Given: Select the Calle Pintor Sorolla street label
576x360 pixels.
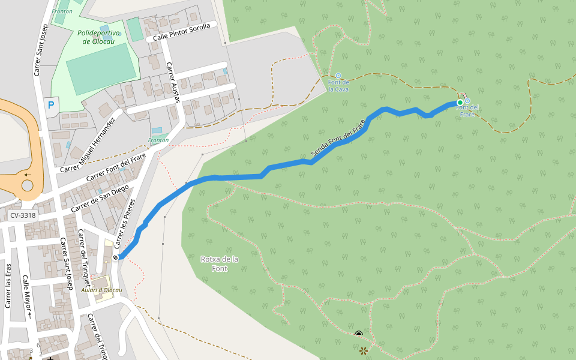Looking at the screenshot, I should (182, 32).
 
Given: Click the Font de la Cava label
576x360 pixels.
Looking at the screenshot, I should (338, 85).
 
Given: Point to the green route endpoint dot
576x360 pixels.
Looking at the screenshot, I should (460, 103).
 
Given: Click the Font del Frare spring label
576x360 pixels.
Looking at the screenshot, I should (467, 110).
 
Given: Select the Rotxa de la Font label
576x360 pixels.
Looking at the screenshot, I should (220, 263).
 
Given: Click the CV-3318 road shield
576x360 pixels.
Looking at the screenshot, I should (23, 215).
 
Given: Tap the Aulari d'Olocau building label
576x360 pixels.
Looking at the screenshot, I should (101, 290).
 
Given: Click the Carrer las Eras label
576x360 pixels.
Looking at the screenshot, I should (8, 286).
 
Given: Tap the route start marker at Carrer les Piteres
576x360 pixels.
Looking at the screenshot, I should (115, 257).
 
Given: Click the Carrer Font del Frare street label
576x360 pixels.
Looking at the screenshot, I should (116, 168).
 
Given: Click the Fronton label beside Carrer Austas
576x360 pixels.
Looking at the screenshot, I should (158, 140).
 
